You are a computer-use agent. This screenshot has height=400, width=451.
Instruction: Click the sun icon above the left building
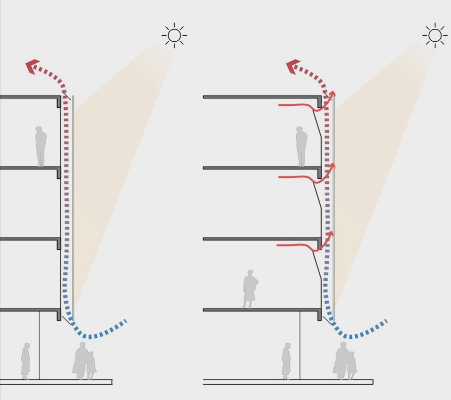click(174, 35)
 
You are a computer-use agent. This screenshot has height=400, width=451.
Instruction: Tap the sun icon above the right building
click(435, 35)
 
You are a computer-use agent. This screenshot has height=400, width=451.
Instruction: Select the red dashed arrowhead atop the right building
click(294, 66)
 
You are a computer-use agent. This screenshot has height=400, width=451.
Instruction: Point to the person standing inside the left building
click(41, 146)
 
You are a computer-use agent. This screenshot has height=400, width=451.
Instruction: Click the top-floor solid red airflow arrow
click(303, 106)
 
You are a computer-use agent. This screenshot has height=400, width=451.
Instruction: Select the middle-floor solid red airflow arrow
click(303, 177)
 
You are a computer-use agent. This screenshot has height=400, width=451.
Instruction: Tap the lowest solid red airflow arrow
click(303, 245)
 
